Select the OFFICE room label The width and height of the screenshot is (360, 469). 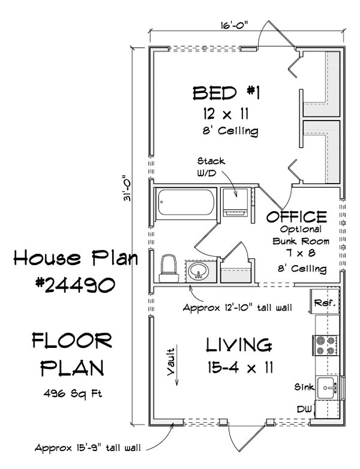coord(297,217)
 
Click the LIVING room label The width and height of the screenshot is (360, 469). coord(238,345)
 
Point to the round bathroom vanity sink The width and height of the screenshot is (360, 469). coord(199,273)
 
